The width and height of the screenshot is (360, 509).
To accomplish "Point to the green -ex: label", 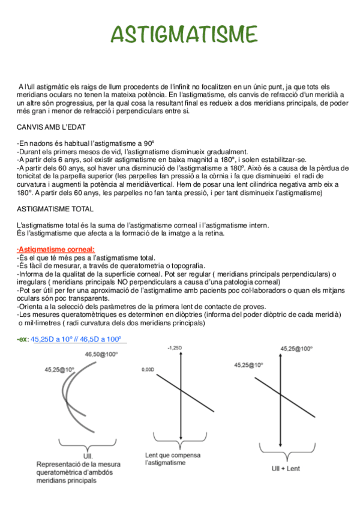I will [22, 339].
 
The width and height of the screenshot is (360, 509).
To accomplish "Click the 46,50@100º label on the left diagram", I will [102, 355].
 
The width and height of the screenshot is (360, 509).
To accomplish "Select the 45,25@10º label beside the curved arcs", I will [59, 370].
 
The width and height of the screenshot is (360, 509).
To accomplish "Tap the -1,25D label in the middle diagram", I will [175, 348].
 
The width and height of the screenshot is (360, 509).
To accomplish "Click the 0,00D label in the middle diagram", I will [149, 370].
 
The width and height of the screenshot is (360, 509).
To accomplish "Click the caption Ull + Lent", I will [286, 468].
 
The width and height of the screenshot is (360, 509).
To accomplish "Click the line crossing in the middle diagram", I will [181, 391].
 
